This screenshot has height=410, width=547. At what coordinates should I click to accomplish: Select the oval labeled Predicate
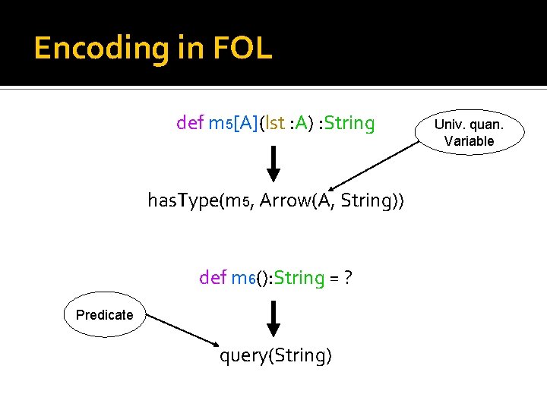coord(105,314)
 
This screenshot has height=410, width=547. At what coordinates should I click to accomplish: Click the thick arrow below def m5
coord(274,165)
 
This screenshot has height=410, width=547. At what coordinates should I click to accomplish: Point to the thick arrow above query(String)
coord(274,319)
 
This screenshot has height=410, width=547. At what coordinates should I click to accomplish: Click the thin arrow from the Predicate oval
coord(183,332)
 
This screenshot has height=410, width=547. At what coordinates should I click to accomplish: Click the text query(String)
coord(276,355)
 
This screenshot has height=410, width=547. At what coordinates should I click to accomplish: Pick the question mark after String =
coord(346,278)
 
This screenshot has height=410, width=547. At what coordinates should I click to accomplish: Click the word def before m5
coord(189,123)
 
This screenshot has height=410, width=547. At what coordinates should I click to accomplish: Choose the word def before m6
coord(212,278)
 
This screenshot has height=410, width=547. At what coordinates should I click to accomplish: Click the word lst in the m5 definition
coord(275,123)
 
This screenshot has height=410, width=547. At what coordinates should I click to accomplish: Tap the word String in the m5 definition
coord(349,123)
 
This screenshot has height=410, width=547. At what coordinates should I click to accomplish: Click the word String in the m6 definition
coord(299,278)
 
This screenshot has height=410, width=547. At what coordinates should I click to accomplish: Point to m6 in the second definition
coord(242,279)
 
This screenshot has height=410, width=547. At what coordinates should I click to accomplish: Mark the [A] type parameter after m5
coord(245,123)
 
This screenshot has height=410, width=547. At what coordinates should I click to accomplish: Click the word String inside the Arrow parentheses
coord(368,201)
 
